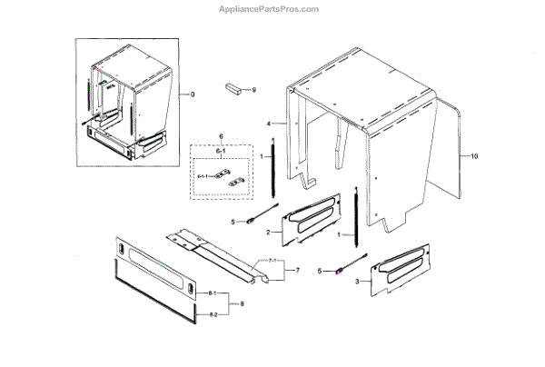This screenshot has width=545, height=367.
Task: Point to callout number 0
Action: [192, 94]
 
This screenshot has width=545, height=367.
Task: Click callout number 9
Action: [254, 90]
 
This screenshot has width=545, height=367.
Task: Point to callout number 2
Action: [267, 233]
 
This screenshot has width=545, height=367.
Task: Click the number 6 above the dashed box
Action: [222, 136]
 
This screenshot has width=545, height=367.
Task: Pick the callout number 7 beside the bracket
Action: [296, 271]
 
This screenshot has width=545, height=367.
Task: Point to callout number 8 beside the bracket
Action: [241, 303]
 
